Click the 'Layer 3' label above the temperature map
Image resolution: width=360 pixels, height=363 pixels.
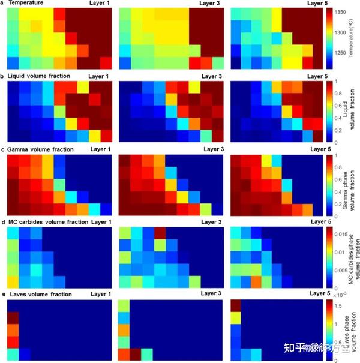tap(205, 4)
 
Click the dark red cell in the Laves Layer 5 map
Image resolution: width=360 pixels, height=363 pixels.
tap(235, 305)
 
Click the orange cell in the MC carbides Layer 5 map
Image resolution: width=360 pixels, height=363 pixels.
tap(256, 281)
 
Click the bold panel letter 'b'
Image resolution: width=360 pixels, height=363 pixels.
tap(4, 77)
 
